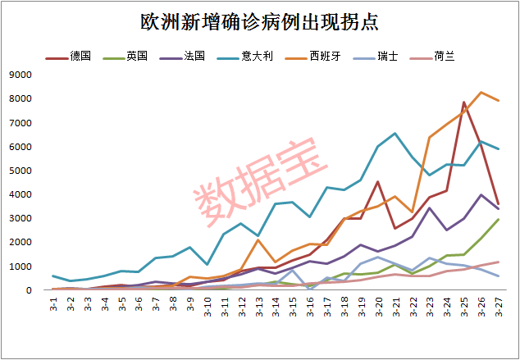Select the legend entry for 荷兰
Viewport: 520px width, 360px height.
tap(445, 57)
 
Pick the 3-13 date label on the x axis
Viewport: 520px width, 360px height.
tap(258, 310)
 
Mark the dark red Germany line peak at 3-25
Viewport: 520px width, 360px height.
tap(464, 103)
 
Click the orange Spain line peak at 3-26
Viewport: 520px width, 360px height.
tap(481, 93)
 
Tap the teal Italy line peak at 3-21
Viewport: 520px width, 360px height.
tap(395, 133)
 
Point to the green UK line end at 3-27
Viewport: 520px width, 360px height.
tap(498, 220)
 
